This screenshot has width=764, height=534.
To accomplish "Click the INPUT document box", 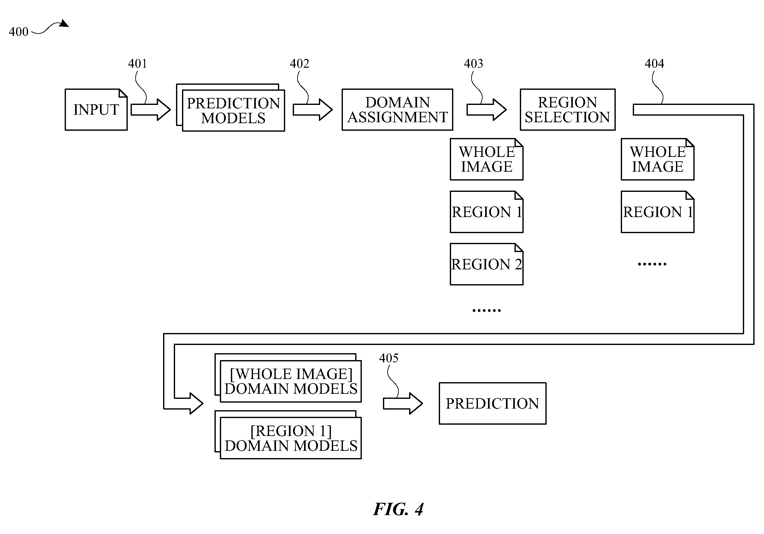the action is coord(96,110).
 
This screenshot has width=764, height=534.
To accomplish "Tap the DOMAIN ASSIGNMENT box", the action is coord(397,110).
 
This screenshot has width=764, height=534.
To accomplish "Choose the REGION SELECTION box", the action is coord(568,110).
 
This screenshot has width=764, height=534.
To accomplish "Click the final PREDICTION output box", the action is coord(492,403).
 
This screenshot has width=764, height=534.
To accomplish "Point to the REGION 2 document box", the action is coord(486,264).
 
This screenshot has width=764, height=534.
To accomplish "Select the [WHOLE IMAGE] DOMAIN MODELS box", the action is coord(288,378).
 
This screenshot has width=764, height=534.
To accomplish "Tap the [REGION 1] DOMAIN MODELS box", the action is coord(288,435).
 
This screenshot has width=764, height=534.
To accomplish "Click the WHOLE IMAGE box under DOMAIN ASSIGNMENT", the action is coord(486,159).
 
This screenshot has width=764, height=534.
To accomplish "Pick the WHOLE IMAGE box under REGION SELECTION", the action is coord(657,159).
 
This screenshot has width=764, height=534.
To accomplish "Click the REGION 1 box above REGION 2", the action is coord(486,212).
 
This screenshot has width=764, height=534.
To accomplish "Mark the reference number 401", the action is coord(138,63).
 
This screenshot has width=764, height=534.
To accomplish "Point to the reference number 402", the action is coord(299,63).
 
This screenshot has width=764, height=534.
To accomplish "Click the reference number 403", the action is coord(473,63).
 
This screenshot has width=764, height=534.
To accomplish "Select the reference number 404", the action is coord(654,63).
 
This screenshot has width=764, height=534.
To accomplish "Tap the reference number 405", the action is coord(389,358).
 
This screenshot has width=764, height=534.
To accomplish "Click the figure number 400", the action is coord(19,32).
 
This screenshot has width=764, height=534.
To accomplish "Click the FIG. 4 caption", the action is coord(398,509).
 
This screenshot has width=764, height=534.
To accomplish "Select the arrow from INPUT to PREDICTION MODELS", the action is coord(150,110).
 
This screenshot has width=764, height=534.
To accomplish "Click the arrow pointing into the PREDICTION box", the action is coord(403,403).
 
